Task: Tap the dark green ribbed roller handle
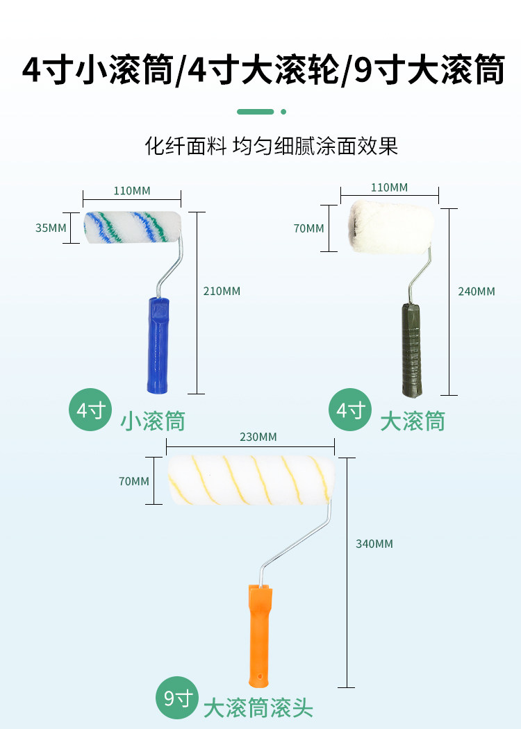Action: [x=410, y=349]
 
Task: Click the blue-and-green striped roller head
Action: [x=132, y=228]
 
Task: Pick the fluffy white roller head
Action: [x=390, y=226]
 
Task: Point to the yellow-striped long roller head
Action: [x=251, y=480]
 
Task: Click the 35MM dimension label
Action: [x=51, y=228]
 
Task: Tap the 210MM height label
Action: [x=222, y=292]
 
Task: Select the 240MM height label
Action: [x=477, y=292]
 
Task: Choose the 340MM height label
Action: [x=374, y=544]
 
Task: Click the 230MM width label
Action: [x=258, y=437]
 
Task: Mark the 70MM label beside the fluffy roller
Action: [x=308, y=228]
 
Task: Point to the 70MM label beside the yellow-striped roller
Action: [x=133, y=480]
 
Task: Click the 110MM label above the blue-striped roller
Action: [x=131, y=190]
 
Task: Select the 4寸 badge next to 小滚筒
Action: [x=90, y=410]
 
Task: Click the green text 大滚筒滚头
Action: [x=258, y=708]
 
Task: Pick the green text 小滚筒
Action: [x=152, y=421]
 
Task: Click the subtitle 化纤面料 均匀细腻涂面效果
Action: [x=272, y=146]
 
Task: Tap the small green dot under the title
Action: [x=283, y=111]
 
